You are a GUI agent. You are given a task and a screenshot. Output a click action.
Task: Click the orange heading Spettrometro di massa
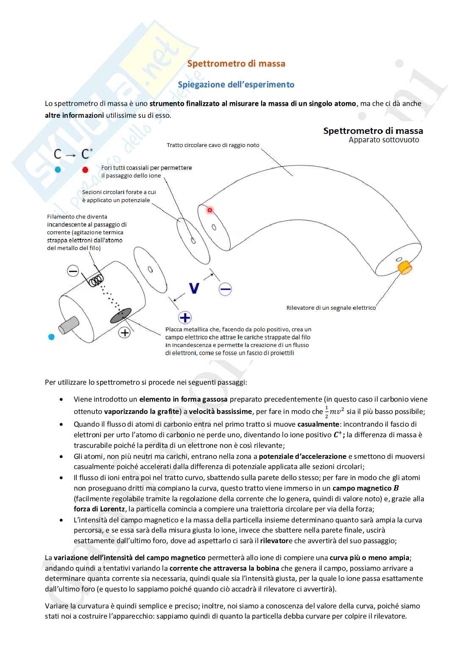pyautogui.click(x=236, y=64)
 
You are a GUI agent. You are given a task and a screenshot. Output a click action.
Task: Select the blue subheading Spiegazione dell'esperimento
pyautogui.click(x=236, y=84)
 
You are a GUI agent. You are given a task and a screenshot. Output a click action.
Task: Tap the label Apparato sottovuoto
pyautogui.click(x=384, y=140)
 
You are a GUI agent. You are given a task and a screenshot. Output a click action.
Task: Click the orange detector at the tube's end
pyautogui.click(x=405, y=267)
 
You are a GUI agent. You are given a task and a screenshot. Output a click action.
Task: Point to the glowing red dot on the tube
pyautogui.click(x=209, y=210)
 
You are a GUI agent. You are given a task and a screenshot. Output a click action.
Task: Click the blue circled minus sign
pyautogui.click(x=225, y=289)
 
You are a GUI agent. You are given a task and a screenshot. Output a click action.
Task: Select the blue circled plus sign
pyautogui.click(x=185, y=317)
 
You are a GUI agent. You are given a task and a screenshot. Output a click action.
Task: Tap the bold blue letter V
pyautogui.click(x=194, y=289)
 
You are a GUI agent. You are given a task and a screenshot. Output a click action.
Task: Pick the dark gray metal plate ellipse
pyautogui.click(x=121, y=316)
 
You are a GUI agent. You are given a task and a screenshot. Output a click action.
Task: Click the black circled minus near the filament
pyautogui.click(x=73, y=271)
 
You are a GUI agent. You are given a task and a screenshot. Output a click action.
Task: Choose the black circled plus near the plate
pyautogui.click(x=125, y=333)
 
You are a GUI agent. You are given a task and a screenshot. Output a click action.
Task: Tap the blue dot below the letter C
pyautogui.click(x=58, y=169)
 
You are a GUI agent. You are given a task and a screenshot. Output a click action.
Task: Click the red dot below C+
pyautogui.click(x=85, y=170)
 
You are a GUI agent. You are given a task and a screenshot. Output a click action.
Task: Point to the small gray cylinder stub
pyautogui.click(x=69, y=325)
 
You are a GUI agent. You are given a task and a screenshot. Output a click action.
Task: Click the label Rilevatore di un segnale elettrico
pyautogui.click(x=331, y=308)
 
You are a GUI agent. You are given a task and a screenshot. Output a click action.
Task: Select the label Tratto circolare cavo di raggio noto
pyautogui.click(x=213, y=145)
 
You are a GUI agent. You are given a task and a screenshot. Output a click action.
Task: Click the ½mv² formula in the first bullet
pyautogui.click(x=334, y=411)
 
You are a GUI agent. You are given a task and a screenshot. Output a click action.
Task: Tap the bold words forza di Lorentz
pyautogui.click(x=99, y=509)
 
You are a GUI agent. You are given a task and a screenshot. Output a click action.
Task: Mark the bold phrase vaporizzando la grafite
pyautogui.click(x=141, y=411)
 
